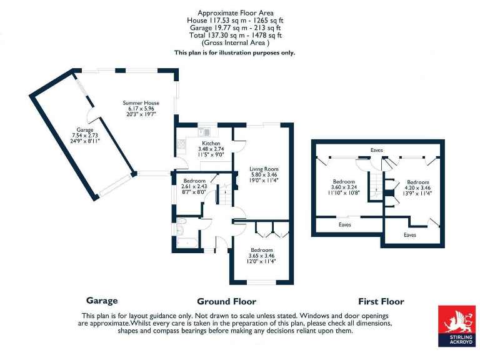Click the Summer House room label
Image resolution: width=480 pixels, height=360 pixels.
pos(141,103)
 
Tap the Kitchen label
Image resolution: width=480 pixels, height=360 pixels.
pos(211,143)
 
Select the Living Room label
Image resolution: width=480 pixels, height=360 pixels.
pos(264,169)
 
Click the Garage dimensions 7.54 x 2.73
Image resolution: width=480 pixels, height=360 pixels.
pos(85,135)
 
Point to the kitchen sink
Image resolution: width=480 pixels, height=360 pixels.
pos(204,132)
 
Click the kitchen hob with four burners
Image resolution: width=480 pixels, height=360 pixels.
pos(181,144)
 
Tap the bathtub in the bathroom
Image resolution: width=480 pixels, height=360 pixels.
pos(187,243)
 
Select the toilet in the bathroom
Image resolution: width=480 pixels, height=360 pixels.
pos(181,221)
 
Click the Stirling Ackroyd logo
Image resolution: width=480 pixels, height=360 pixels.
pos(457,326)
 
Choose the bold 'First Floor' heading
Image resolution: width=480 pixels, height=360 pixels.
pos(381,301)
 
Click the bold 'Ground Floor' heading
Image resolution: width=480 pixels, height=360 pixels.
pos(226,301)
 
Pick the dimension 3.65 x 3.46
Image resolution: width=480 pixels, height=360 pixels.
pos(261,256)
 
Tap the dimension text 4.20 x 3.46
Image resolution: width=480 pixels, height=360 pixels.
pos(418,187)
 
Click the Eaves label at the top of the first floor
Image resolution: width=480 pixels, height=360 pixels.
pos(376,150)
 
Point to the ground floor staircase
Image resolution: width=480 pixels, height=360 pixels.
pos(225,194)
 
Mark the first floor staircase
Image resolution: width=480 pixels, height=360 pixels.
pos(376,186)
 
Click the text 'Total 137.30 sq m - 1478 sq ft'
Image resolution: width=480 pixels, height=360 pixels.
pos(236,35)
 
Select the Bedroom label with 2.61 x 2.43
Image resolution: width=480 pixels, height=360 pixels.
pos(194,181)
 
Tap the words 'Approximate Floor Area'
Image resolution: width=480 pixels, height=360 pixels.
pos(236,13)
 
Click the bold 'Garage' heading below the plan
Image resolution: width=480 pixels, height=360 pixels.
pos(102,301)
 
